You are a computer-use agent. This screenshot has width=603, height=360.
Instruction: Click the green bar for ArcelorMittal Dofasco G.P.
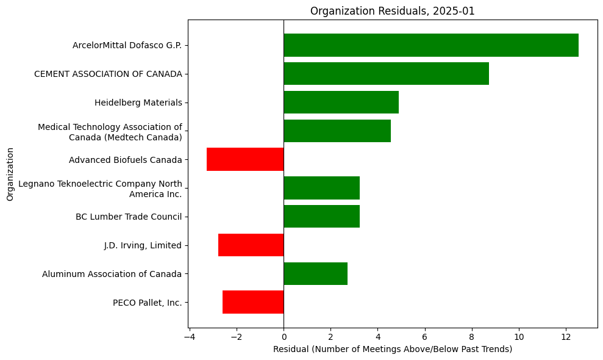[x=430, y=45]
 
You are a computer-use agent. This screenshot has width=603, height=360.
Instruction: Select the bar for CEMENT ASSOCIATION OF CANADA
[x=386, y=74]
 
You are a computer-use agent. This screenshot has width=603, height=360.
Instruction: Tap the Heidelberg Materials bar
[x=341, y=103]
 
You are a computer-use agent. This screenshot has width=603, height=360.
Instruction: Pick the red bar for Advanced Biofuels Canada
[x=245, y=159]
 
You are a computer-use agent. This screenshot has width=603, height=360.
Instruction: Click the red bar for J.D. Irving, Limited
[x=251, y=245]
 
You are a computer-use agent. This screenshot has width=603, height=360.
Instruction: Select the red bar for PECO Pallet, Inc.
[x=253, y=302]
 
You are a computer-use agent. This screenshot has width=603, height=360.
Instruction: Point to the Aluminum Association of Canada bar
[x=315, y=274]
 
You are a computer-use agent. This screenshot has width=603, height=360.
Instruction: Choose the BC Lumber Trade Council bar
[x=321, y=217]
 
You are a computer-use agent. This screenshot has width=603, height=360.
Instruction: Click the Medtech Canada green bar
[x=337, y=131]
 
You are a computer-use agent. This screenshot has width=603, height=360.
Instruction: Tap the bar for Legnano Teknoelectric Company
[x=321, y=188]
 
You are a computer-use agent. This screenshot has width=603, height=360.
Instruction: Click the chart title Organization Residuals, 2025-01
[x=392, y=11]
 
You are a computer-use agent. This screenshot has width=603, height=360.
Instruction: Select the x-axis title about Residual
[x=392, y=349]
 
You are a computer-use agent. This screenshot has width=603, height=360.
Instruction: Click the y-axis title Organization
[x=10, y=173]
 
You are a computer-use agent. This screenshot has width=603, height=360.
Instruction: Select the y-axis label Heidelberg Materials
[x=138, y=103]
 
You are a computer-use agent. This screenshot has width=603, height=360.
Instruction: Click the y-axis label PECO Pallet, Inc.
[x=147, y=303]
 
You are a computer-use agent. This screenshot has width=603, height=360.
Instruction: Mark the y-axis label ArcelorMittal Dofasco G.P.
[x=127, y=45]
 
